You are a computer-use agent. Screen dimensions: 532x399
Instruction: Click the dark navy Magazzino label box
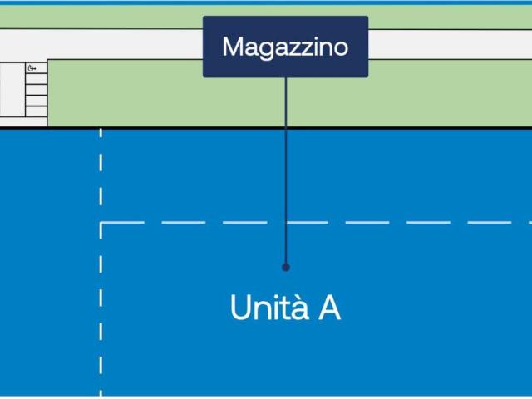coord(285,47)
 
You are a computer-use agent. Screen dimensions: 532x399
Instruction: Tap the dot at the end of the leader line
coord(286,268)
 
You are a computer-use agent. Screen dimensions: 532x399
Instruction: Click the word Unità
coord(269,307)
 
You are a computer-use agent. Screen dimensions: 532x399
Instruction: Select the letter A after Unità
coord(329,308)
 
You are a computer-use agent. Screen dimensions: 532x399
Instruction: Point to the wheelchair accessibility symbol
coord(32,68)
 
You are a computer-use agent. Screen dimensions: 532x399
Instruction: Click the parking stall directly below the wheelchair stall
coord(37,79)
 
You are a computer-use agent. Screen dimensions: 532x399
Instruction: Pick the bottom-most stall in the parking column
coord(37,111)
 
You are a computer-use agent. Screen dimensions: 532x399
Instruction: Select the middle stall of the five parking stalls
coord(37,90)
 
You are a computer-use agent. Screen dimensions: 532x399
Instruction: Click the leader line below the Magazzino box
coord(286,170)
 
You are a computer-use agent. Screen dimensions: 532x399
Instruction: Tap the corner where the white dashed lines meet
coord(101,223)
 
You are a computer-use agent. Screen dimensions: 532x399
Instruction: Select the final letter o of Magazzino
coord(340,49)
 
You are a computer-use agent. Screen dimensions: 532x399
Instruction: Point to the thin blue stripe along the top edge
coord(266,2)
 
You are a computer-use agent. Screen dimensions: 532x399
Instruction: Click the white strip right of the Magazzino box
coord(451,44)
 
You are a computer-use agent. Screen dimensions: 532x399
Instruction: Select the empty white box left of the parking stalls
coord(12,90)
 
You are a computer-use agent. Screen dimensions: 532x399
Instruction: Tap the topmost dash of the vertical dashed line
coord(101,133)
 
